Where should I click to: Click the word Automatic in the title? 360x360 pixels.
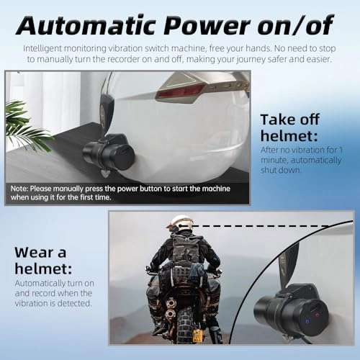(x=86, y=25)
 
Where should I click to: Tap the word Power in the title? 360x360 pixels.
(x=207, y=25)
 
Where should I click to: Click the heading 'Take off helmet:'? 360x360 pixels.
(x=290, y=127)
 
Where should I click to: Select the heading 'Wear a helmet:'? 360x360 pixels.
(x=43, y=261)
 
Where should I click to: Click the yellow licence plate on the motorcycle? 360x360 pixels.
(x=197, y=336)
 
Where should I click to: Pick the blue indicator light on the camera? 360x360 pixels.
(x=307, y=321)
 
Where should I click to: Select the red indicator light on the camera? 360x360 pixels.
(x=318, y=315)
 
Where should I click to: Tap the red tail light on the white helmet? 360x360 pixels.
(x=180, y=92)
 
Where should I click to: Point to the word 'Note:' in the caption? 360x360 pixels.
(x=19, y=189)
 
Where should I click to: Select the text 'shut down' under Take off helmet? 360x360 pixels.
(x=281, y=170)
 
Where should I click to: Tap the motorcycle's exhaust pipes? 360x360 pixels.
(x=171, y=308)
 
